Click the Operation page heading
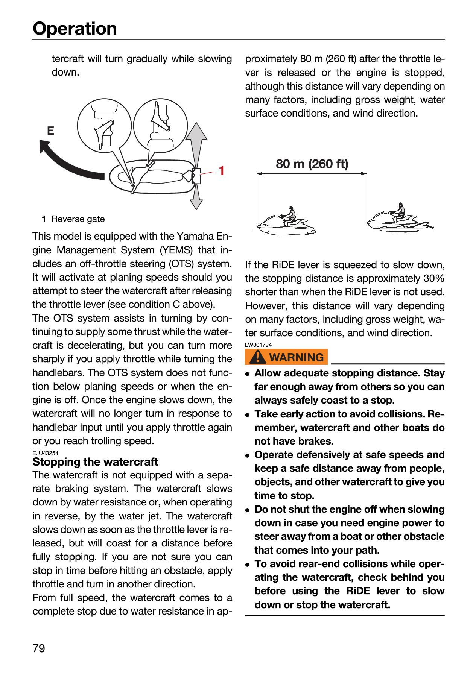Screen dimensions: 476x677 (x=75, y=29)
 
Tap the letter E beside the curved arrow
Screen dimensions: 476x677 (x=50, y=131)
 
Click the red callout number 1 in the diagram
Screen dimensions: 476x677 (x=222, y=171)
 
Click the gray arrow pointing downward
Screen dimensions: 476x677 (x=196, y=197)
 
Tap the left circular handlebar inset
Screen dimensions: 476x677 (x=104, y=126)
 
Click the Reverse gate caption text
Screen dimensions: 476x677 (x=78, y=219)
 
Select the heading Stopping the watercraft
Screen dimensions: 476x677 (x=95, y=462)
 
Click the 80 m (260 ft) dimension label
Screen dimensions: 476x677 (x=312, y=164)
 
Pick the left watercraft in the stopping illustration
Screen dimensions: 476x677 (x=286, y=222)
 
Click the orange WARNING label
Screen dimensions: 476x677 (x=286, y=357)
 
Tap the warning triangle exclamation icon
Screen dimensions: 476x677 (x=258, y=357)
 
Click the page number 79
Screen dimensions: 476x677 (x=39, y=648)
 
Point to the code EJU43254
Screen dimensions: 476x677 (x=46, y=453)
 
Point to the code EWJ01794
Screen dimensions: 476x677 (x=258, y=345)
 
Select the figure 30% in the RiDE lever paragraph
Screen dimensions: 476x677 (x=434, y=279)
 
